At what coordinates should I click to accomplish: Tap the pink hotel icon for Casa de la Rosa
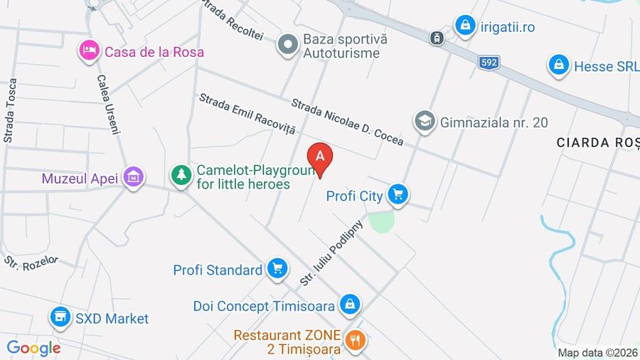[x=89, y=51]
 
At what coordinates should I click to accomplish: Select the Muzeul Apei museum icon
[x=133, y=176]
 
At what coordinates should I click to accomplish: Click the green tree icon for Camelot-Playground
[x=181, y=174]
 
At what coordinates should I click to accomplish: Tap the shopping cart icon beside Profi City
[x=398, y=194]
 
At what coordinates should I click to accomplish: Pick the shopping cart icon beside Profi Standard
[x=277, y=269]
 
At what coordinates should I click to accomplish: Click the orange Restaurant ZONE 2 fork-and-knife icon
[x=355, y=340]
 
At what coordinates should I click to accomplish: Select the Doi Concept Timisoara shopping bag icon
[x=348, y=305]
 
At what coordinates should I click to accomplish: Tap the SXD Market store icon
[x=60, y=317]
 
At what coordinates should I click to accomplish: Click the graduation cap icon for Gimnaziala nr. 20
[x=425, y=122]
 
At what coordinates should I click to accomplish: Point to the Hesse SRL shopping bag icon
[x=559, y=65]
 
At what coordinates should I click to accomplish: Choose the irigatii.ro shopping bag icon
[x=465, y=26]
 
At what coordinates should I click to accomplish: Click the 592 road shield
[x=489, y=63]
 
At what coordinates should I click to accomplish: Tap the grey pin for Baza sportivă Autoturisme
[x=287, y=44]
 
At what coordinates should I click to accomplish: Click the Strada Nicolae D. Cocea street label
[x=347, y=122]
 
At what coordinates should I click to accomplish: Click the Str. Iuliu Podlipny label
[x=332, y=253]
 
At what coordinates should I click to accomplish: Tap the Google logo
[x=33, y=348]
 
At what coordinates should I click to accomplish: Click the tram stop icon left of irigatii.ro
[x=437, y=37]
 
